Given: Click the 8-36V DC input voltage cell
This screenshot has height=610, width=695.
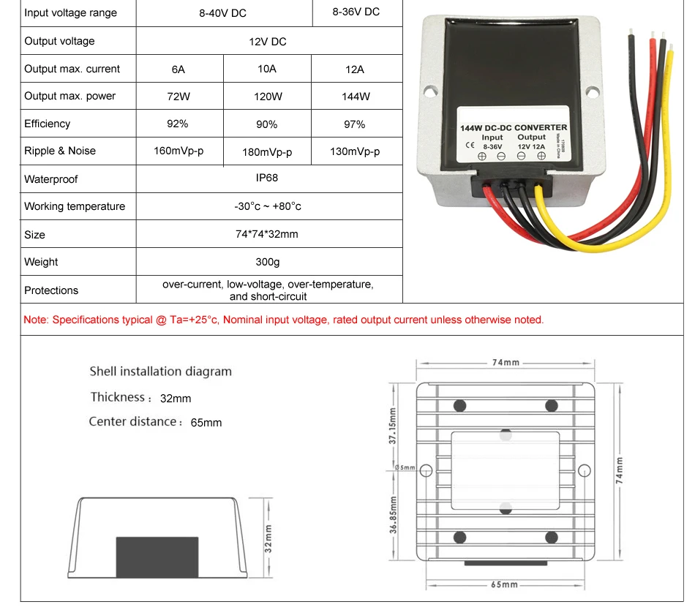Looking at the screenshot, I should click(x=356, y=12).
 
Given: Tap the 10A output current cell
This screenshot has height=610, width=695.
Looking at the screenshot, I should click(x=267, y=69).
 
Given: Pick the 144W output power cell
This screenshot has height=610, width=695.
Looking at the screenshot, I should click(x=356, y=97).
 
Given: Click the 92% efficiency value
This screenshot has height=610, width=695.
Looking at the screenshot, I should click(x=178, y=124).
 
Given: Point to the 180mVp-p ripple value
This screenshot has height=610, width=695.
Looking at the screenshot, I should click(x=267, y=152).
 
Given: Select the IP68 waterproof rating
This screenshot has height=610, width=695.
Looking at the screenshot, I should click(x=267, y=178).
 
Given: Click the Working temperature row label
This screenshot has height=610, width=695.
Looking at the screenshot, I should click(x=75, y=206).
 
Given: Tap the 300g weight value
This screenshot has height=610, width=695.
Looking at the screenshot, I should click(x=268, y=262).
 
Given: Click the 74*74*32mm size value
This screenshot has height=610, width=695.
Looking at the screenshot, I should click(x=267, y=234).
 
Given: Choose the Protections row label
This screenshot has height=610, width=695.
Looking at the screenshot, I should click(x=51, y=290).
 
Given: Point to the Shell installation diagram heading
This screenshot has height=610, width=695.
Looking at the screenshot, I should click(x=160, y=372).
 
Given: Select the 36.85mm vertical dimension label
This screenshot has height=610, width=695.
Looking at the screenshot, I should click(x=393, y=516).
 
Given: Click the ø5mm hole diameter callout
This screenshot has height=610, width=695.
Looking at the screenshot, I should click(x=404, y=467).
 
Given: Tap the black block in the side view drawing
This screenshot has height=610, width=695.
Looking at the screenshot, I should click(x=157, y=556).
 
